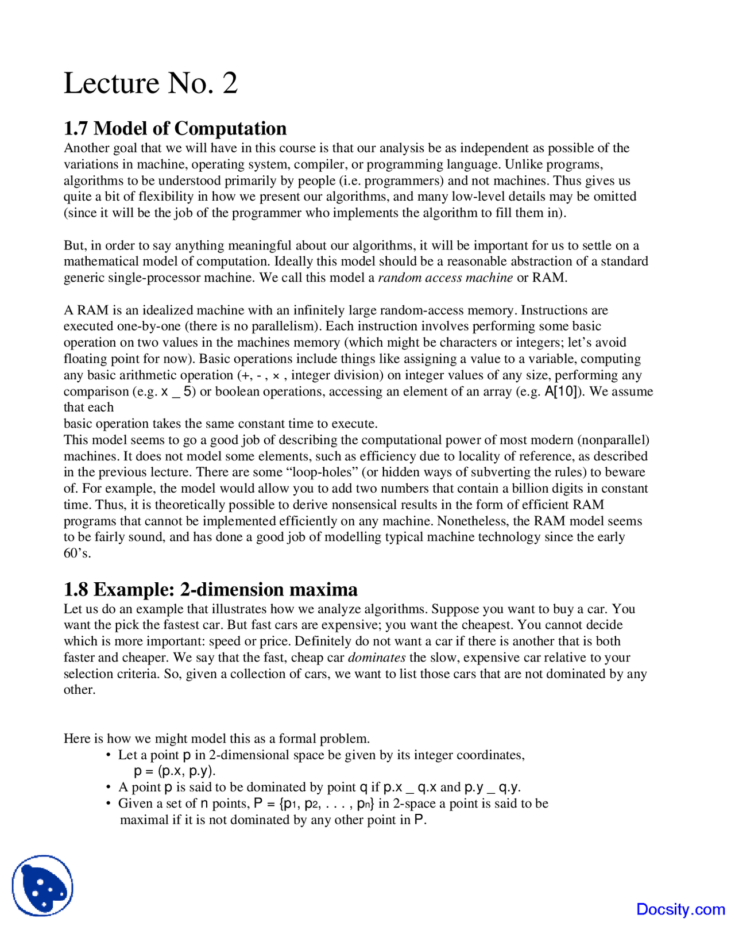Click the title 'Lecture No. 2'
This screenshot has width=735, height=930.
coord(150,83)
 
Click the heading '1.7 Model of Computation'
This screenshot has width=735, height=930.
coord(175,128)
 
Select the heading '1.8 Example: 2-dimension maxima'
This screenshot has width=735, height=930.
coord(210,589)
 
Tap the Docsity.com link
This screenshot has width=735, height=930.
coord(680,909)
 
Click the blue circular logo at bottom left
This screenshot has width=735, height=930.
coord(42,886)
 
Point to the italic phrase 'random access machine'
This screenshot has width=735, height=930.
coord(445,278)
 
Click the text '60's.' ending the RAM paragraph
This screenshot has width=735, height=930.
coord(78,554)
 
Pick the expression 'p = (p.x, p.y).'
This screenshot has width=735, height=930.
coord(175,771)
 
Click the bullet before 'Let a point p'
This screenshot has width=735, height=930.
coord(109,755)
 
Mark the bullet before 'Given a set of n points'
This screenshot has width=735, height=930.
coord(109,804)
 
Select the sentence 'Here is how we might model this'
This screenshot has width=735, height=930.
coord(216,739)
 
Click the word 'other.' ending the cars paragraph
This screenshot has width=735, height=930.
coord(79,690)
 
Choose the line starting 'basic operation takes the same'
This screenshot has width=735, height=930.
coord(220,424)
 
